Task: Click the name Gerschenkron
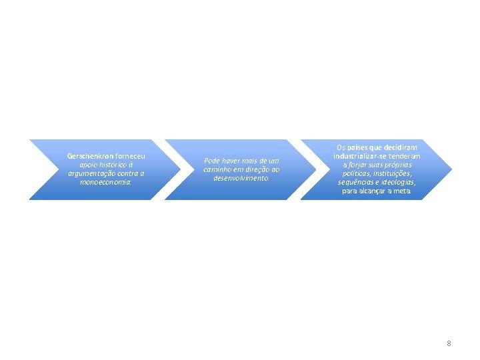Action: [90, 156]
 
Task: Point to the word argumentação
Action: [92, 173]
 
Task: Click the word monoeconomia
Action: [106, 182]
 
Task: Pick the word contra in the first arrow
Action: [129, 173]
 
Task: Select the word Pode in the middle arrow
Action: [211, 161]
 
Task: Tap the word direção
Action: [258, 169]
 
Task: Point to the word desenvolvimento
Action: [241, 178]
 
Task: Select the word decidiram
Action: [399, 147]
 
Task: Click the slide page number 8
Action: [449, 343]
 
